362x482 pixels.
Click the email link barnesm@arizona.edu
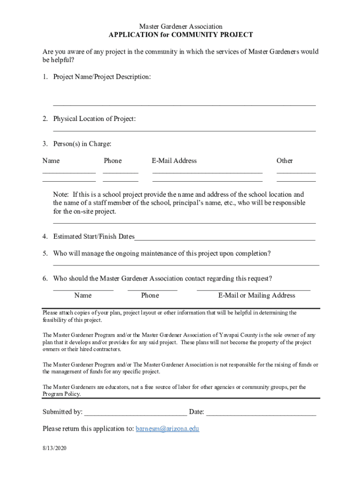[167, 429]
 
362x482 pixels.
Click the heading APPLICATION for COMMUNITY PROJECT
[181, 35]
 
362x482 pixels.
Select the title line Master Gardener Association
[181, 27]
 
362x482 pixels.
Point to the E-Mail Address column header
[174, 161]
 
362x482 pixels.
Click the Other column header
[284, 161]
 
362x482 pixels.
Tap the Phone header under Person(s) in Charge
[112, 161]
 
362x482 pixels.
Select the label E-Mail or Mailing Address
[256, 296]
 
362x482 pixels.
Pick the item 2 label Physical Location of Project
[94, 119]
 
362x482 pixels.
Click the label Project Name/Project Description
[102, 77]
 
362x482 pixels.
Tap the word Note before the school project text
[61, 194]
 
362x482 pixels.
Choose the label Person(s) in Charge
[82, 144]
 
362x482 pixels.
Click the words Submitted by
[63, 412]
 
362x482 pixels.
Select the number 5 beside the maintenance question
[45, 254]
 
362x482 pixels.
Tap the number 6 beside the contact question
[45, 279]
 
